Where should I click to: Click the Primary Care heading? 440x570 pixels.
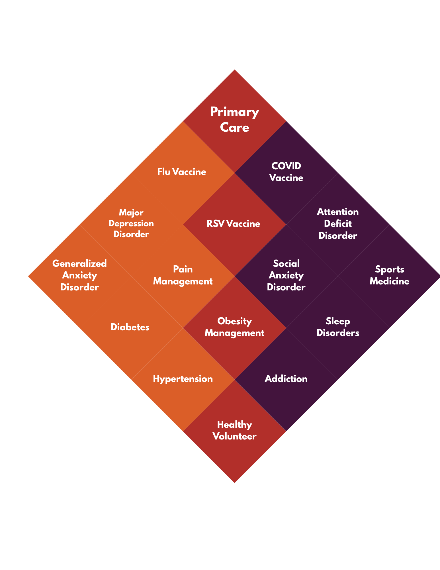(234, 119)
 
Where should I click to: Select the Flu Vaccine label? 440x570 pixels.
(182, 172)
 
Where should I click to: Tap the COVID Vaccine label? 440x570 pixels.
(286, 172)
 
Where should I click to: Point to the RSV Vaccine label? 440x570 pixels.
(233, 224)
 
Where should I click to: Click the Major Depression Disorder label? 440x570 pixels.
(131, 223)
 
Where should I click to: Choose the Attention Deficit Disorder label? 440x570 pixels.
(338, 224)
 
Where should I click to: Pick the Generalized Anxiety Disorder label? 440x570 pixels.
(79, 275)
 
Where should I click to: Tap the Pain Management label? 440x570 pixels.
(183, 275)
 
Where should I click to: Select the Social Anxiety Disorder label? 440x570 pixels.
(286, 275)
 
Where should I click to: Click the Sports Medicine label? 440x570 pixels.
(389, 275)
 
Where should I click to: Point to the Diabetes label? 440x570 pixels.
(130, 327)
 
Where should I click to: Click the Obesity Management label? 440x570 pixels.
(234, 327)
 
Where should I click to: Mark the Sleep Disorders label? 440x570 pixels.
(338, 327)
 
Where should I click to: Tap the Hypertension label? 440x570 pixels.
(183, 379)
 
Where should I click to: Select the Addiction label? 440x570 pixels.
(286, 379)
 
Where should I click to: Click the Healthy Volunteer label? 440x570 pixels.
(234, 430)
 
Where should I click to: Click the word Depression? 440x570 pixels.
(131, 223)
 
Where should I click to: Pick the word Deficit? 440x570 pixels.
(338, 224)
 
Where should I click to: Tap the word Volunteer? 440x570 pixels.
(234, 436)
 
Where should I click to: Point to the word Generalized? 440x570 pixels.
(79, 264)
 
